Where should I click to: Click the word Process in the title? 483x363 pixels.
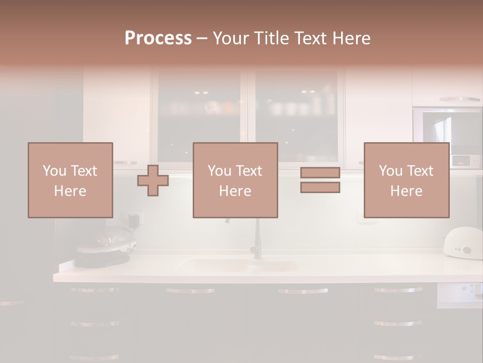click(x=158, y=38)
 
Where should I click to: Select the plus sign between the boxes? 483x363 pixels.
click(x=153, y=180)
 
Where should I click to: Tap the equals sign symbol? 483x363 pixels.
click(x=320, y=180)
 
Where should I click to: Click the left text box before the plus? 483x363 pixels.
click(x=70, y=180)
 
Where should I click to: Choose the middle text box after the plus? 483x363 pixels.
click(x=235, y=180)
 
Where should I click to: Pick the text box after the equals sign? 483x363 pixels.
click(x=407, y=180)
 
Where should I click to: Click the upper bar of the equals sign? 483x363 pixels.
click(x=320, y=173)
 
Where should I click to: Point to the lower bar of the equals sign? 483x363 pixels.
click(x=320, y=188)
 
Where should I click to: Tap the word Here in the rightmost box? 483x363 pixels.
click(x=407, y=191)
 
